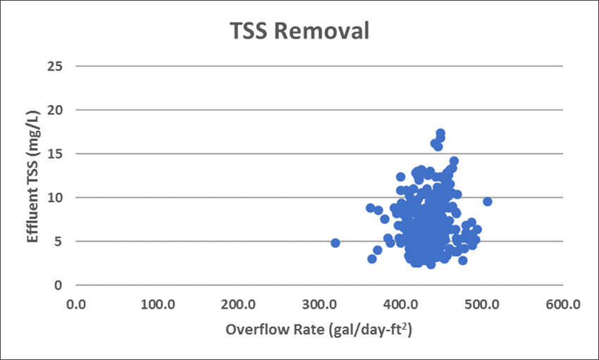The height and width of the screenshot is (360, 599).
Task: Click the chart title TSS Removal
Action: (x=299, y=32)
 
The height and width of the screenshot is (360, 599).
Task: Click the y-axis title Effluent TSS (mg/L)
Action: (x=32, y=176)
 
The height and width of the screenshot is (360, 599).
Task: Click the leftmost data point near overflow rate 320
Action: (x=335, y=243)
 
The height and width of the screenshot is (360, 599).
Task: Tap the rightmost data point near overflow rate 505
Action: (x=487, y=201)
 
